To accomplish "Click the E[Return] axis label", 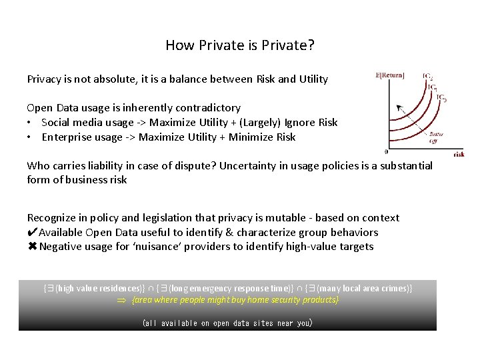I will coord(390,75).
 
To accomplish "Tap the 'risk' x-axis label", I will coord(459,153).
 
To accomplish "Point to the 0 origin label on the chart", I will coord(387,151).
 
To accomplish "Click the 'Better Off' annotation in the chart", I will coord(437,137).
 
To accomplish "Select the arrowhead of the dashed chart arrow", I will coord(399,107).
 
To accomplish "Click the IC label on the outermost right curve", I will coord(442,97).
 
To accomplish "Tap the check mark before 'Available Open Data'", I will coord(32,232).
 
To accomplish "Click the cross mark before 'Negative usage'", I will coord(32,247).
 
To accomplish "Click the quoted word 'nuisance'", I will coord(149,247).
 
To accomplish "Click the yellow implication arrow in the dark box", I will coord(121,301).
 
